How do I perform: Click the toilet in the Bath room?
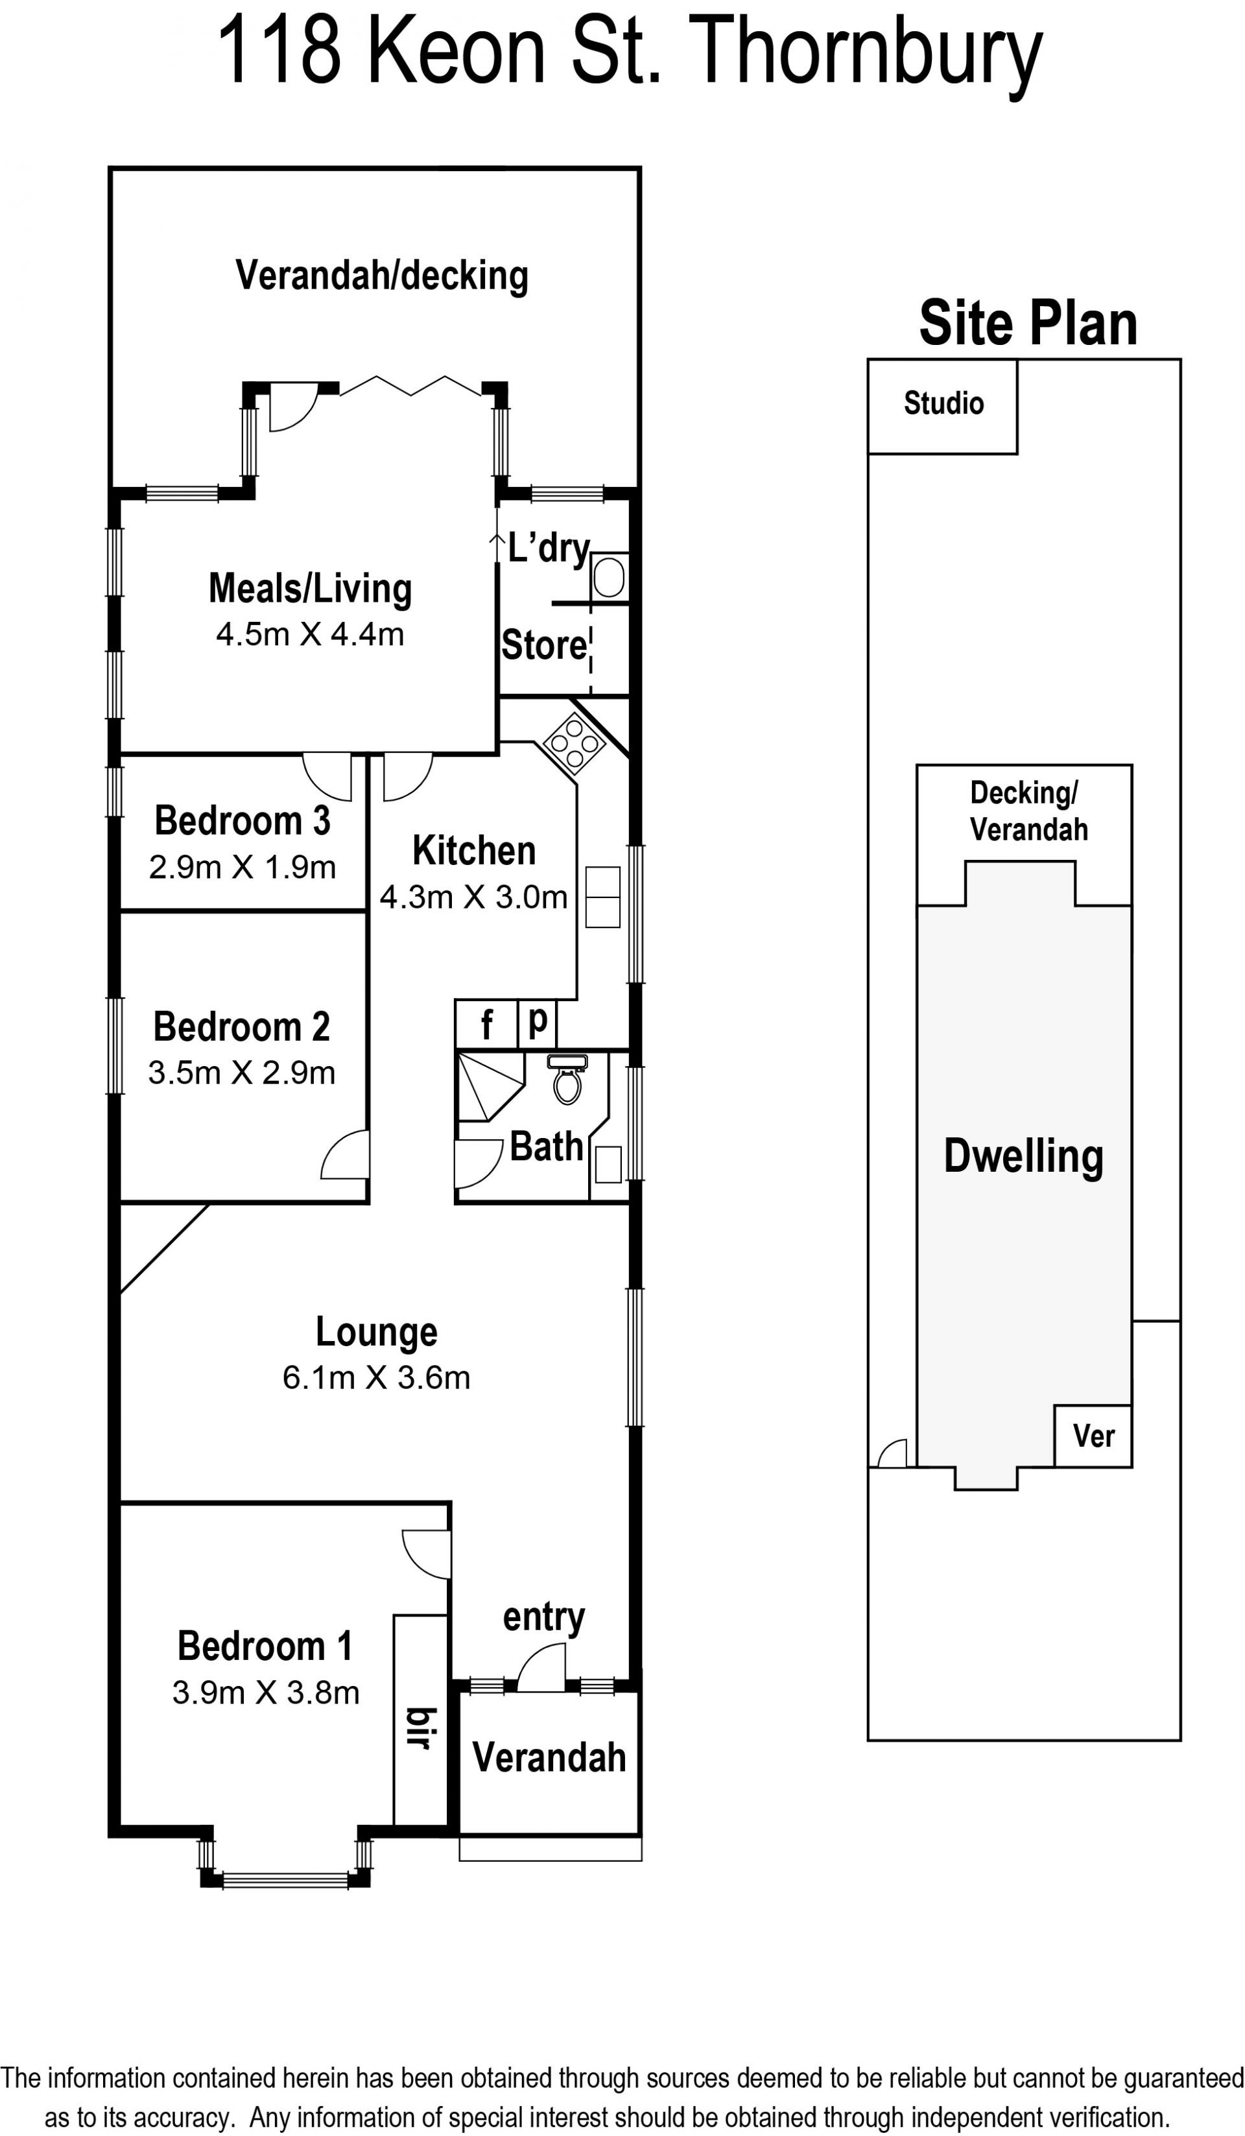567,1079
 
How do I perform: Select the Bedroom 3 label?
243,820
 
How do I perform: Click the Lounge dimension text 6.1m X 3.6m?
376,1377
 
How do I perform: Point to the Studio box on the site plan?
942,406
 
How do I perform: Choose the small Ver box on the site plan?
1093,1436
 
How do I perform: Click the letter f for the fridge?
486,1025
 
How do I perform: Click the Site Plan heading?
1028,323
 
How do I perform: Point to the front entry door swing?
541,1667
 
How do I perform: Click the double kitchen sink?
602,897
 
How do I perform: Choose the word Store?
544,645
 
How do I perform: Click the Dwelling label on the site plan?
1024,1156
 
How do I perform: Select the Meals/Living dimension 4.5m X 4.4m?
310,634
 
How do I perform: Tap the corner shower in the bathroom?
490,1087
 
